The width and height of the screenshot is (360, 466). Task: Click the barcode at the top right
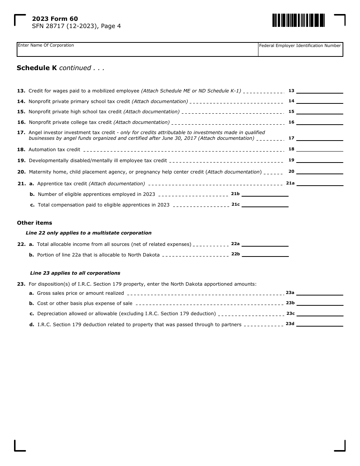coord(298,20)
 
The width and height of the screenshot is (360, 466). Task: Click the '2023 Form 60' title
coord(55,19)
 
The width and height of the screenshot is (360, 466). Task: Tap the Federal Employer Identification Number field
coord(300,51)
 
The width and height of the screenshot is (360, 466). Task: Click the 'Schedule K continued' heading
coord(60,68)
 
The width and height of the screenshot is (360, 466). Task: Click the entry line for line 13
coord(319,91)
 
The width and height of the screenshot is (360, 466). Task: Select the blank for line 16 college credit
coord(319,122)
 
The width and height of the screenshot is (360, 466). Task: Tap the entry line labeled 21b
coord(265,194)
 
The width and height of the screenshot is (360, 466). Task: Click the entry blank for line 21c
coord(265,205)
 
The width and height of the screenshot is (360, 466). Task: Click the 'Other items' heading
coord(34,223)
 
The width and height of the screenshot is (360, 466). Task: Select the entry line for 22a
coord(265,244)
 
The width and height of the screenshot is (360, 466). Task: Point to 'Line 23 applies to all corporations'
coord(75,273)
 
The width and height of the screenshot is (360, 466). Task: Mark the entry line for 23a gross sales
coord(319,293)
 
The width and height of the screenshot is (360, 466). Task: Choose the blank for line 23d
coord(319,324)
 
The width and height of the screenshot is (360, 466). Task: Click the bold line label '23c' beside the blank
coord(290,313)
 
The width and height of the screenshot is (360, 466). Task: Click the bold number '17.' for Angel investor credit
coord(21,133)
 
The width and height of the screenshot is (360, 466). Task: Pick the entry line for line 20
coord(319,172)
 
